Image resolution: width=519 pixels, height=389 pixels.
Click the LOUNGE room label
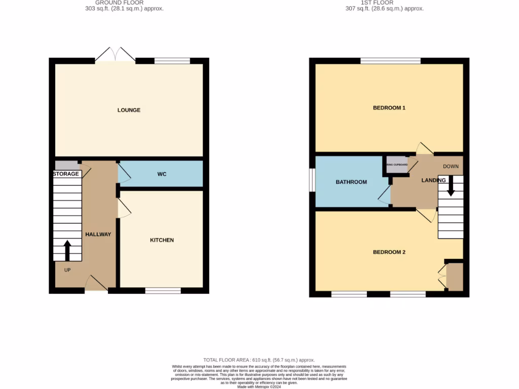(x=129, y=110)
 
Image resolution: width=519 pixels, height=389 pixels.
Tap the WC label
(x=162, y=174)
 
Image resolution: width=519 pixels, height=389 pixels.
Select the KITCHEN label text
(x=162, y=240)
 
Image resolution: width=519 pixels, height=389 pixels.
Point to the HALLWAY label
(x=98, y=235)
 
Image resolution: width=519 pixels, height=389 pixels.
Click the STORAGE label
(x=66, y=174)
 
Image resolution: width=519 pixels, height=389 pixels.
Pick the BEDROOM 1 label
(x=389, y=108)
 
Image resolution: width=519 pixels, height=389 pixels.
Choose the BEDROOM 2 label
(x=389, y=252)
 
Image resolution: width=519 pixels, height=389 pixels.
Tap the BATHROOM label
(x=351, y=182)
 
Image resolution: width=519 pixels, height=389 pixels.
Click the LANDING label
(x=434, y=180)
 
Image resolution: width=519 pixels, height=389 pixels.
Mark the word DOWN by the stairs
(x=451, y=167)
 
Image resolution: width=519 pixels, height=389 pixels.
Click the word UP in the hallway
(x=67, y=270)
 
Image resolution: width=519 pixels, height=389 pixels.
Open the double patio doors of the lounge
(x=116, y=55)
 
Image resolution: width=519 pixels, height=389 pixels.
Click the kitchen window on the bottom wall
(x=163, y=291)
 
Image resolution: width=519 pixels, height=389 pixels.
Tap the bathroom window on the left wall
(x=312, y=180)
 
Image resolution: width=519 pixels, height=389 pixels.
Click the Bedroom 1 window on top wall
(x=390, y=61)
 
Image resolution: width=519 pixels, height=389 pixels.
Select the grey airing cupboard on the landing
(x=398, y=165)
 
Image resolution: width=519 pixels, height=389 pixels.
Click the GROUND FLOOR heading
(x=120, y=3)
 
